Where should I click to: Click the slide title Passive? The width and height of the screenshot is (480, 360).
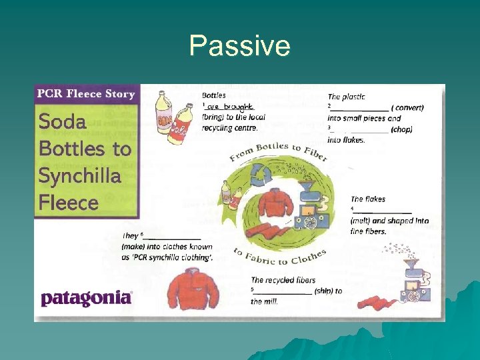point(239,46)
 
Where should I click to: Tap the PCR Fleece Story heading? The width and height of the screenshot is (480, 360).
point(86,94)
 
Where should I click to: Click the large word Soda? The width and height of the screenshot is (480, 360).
point(62,122)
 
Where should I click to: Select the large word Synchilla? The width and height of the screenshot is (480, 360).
point(79,176)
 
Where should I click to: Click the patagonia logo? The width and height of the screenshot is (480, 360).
point(87,298)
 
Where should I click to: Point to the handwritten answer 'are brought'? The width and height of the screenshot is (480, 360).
point(230,107)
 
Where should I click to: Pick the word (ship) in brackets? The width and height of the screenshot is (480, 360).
point(329,291)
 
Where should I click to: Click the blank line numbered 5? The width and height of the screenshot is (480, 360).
point(284,291)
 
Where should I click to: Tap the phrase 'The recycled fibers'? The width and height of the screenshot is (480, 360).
point(283,280)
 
